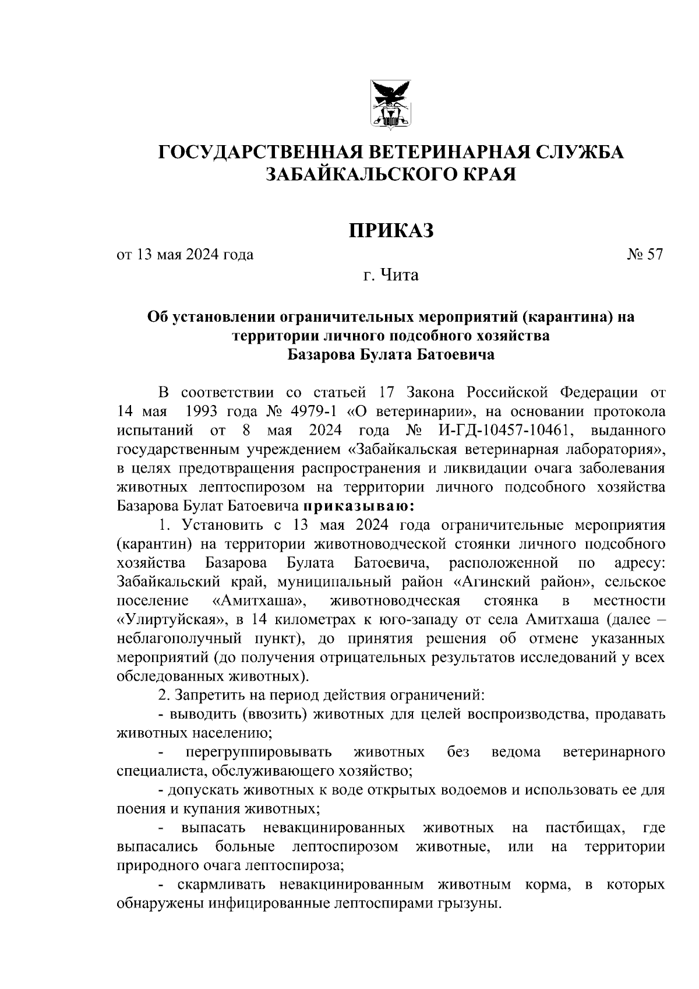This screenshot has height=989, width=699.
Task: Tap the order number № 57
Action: [x=645, y=255]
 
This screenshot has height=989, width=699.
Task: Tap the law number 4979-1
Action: [x=313, y=411]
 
